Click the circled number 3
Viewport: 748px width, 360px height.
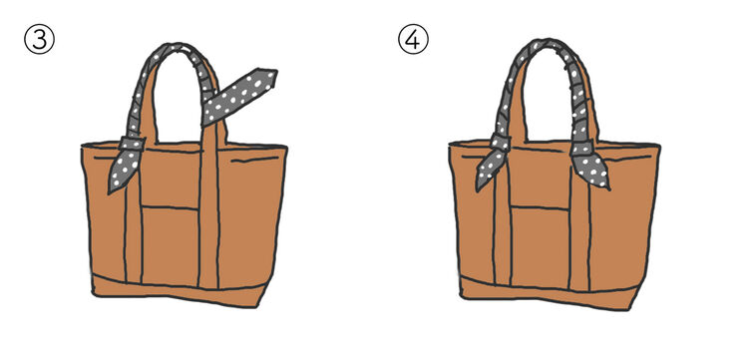point(39,40)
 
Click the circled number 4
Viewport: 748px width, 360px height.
point(413,39)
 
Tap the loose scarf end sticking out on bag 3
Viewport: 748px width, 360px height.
point(240,97)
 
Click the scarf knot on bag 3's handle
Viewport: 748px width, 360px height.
point(132,144)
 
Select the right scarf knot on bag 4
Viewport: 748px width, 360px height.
point(582,148)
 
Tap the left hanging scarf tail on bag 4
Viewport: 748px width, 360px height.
point(490,171)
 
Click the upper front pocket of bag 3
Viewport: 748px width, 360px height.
point(171,178)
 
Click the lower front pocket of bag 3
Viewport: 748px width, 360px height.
point(171,246)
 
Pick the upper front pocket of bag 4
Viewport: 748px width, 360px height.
point(539,178)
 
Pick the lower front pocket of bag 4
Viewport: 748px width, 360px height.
point(540,247)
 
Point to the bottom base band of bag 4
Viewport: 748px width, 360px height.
point(549,293)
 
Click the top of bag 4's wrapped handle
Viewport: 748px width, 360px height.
point(549,44)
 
